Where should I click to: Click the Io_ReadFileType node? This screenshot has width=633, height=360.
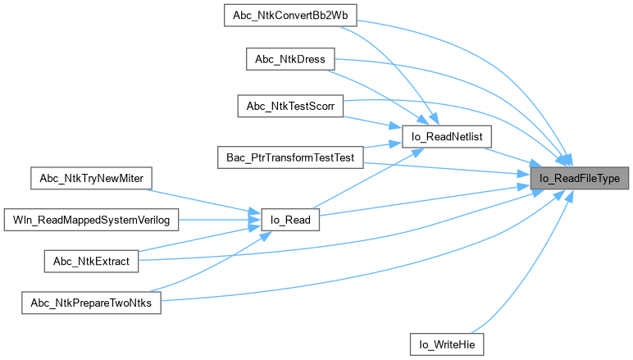click(580, 178)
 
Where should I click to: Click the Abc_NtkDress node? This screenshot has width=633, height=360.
click(289, 59)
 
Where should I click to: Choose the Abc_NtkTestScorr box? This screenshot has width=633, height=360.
click(289, 107)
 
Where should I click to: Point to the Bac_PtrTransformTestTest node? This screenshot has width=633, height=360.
click(289, 157)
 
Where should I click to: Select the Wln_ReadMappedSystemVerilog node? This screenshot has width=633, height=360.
click(90, 220)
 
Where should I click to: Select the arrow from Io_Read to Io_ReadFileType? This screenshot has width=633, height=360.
click(418, 200)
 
